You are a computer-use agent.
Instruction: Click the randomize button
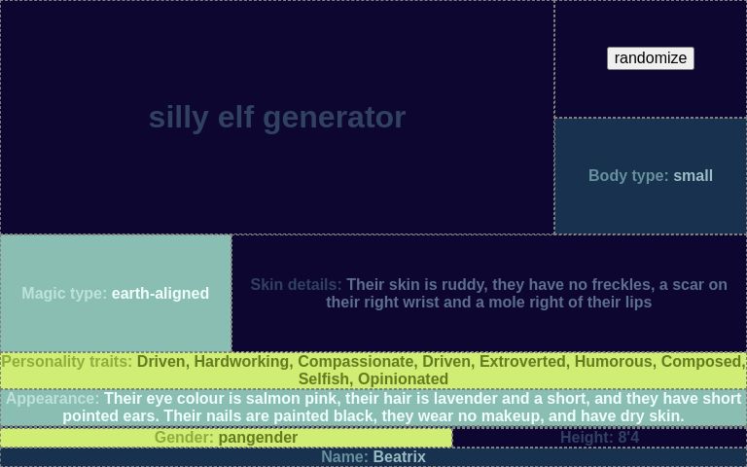[x=650, y=58]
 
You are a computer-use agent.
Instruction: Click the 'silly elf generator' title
[x=276, y=117]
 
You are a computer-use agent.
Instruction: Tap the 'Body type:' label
[x=627, y=176]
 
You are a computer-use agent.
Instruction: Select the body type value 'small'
[x=693, y=176]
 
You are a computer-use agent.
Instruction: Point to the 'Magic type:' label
[x=64, y=293]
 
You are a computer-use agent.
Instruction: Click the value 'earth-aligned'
[x=160, y=293]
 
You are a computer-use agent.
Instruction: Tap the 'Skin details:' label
[x=296, y=285]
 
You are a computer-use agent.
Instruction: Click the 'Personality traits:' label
[x=67, y=362]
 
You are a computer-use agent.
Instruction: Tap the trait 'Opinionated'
[x=403, y=379]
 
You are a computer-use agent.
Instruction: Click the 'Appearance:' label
[x=53, y=399]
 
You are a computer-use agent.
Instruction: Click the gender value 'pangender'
[x=258, y=438]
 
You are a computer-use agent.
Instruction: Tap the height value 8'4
[x=628, y=438]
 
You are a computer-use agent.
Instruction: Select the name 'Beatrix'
[x=399, y=457]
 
